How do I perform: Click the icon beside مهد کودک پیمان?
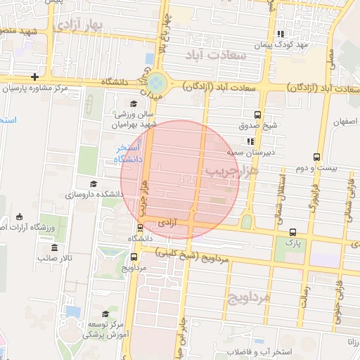[281, 34]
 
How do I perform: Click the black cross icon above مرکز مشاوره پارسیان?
[34, 77]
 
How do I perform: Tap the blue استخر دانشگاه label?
[129, 153]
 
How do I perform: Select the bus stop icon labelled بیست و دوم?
[316, 157]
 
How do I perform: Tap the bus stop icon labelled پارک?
[292, 232]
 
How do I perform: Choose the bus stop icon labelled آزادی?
[140, 227]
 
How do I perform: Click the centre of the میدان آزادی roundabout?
[157, 82]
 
